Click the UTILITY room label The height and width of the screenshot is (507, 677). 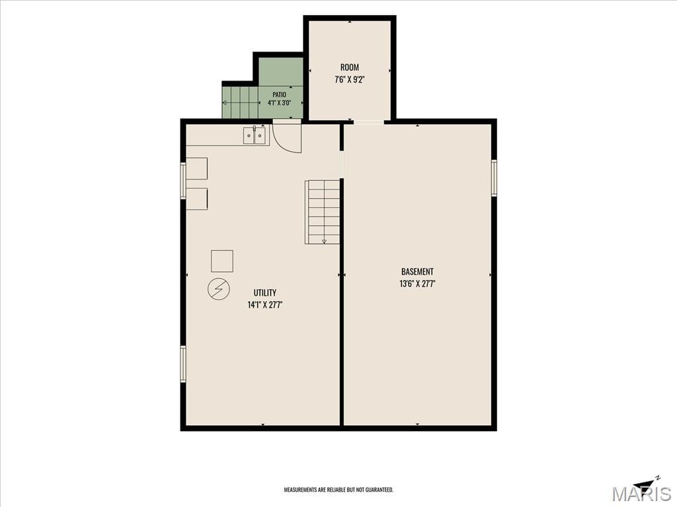click(264, 292)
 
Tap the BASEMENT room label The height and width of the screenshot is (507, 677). click(417, 271)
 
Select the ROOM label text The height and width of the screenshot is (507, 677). click(350, 67)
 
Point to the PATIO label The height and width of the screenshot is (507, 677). click(280, 94)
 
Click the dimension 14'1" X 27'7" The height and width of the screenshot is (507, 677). click(264, 305)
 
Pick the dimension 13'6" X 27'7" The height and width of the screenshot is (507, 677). click(417, 284)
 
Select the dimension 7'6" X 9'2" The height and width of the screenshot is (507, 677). click(350, 80)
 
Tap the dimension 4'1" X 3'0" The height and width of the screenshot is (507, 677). click(280, 102)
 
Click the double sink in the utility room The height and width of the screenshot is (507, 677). click(255, 136)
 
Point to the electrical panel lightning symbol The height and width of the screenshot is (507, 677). click(219, 289)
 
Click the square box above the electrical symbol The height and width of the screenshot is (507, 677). click(222, 261)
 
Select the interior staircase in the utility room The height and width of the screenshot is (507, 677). click(323, 212)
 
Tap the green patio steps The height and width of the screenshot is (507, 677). click(240, 102)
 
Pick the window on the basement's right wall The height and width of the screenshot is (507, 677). click(494, 178)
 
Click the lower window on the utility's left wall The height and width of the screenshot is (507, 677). click(183, 364)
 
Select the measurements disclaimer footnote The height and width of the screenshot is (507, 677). click(338, 490)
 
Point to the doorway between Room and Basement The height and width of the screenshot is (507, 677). click(369, 122)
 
